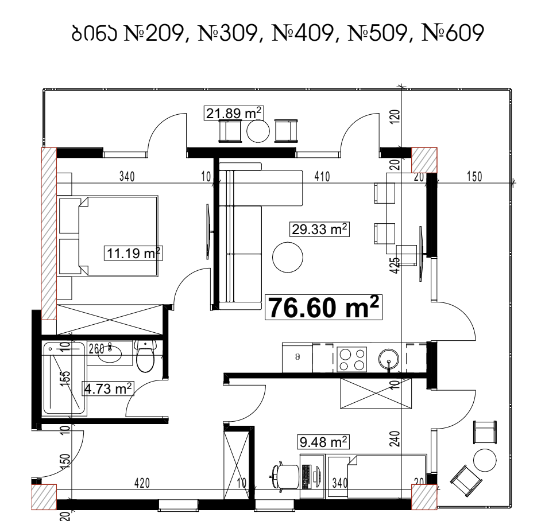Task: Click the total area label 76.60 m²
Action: (x=323, y=308)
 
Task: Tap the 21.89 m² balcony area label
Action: (x=234, y=113)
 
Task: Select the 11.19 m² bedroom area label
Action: (x=133, y=254)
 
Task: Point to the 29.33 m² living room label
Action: (x=319, y=230)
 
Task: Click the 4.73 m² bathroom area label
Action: (x=107, y=388)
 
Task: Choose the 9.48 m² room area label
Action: (x=323, y=442)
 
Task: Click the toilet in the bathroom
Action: (x=145, y=356)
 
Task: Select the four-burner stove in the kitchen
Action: (x=351, y=359)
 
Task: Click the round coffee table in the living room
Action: (x=288, y=257)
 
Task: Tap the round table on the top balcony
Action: (x=258, y=131)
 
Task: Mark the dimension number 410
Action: (x=322, y=177)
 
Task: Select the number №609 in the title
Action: (x=453, y=33)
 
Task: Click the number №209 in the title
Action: (x=153, y=33)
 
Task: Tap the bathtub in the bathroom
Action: (x=64, y=378)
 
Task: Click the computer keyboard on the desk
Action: (x=306, y=477)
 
